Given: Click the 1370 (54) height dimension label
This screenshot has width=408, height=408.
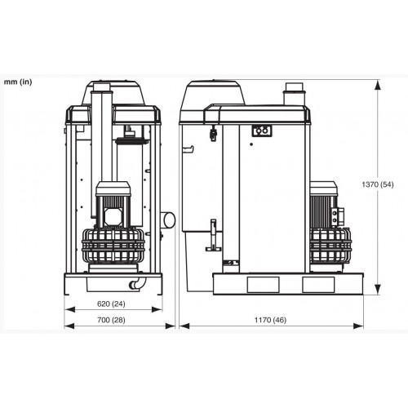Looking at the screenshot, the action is click(378, 184).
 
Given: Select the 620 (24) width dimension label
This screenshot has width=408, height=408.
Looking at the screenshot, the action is click(111, 304).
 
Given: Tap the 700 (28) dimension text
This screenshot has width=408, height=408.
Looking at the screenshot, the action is click(111, 320).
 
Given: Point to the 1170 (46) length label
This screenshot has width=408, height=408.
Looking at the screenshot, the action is click(270, 320).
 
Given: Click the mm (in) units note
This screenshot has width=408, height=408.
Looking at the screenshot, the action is click(18, 82).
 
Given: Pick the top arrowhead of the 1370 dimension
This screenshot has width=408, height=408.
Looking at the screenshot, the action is click(377, 85).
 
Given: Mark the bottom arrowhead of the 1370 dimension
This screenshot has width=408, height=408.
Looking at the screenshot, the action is click(377, 290).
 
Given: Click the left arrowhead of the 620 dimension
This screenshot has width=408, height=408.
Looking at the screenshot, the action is click(69, 309).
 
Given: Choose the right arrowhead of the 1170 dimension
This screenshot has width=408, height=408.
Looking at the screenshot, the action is click(358, 326).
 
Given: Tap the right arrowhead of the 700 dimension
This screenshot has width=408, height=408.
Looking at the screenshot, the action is click(171, 326).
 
